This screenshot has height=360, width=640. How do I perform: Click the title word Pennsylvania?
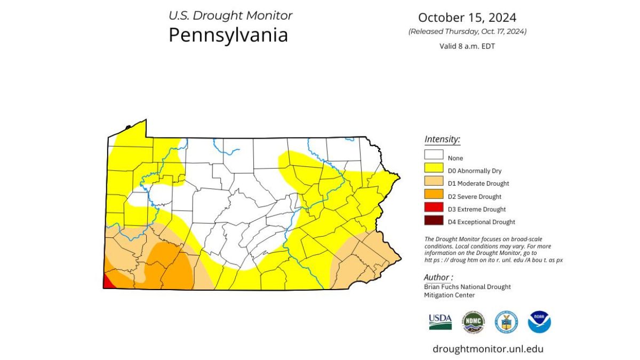coord(228,35)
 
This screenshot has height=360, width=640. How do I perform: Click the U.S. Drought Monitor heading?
coord(230,15)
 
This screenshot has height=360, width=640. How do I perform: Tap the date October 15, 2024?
coord(467,18)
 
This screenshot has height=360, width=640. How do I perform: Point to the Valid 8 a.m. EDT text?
coord(467,46)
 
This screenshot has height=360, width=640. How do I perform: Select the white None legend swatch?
coord(434,155)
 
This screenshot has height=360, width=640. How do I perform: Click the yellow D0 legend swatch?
coord(434,168)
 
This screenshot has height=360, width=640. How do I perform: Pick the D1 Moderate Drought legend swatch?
coord(434,181)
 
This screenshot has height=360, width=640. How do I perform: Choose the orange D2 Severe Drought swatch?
coord(434,194)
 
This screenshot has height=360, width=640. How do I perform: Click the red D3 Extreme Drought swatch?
coord(434,207)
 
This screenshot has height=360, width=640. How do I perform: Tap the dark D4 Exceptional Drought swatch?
coord(434,220)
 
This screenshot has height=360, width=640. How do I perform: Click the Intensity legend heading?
coord(442,140)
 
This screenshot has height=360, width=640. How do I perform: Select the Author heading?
coord(438,277)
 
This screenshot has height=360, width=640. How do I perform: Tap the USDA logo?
coord(440,322)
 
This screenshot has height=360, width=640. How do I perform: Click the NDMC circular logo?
coord(473,322)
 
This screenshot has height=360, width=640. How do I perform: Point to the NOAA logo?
coord(539,322)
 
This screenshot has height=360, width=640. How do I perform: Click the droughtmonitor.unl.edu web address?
coord(488,349)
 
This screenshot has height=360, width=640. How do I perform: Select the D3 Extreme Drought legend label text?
coord(477,210)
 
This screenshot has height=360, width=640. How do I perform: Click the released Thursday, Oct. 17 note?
coord(467,31)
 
